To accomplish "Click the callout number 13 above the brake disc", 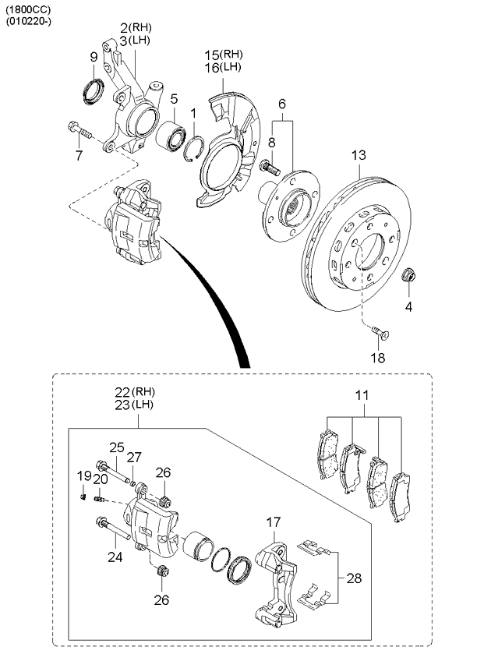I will [357, 156].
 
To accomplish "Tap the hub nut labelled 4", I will [408, 275].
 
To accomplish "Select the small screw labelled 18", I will [378, 332].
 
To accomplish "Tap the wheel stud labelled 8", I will [270, 167].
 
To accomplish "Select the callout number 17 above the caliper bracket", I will [273, 522].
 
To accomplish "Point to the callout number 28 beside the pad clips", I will [354, 578].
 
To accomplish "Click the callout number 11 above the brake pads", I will [361, 395].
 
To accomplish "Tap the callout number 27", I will [135, 458].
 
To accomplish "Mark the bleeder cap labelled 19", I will [83, 493].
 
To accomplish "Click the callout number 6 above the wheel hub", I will [282, 104].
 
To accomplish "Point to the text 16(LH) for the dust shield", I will [223, 68].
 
